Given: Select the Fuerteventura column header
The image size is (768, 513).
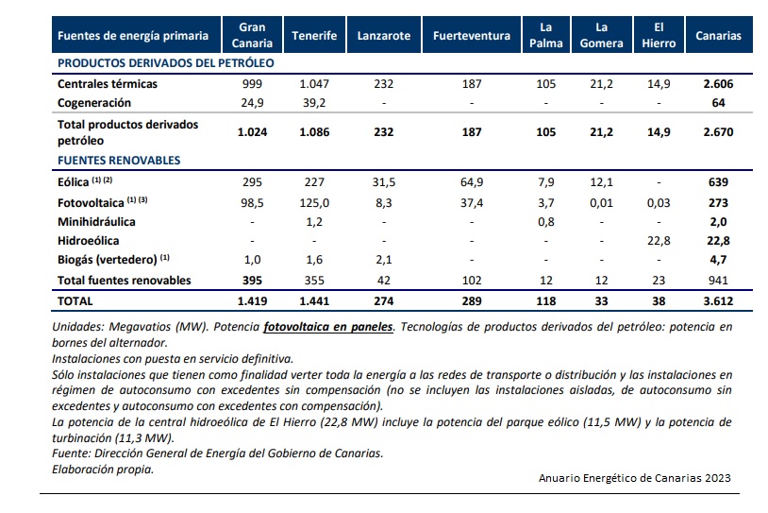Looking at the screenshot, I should pyautogui.click(x=471, y=36).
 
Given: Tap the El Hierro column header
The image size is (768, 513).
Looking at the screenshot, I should pyautogui.click(x=661, y=36).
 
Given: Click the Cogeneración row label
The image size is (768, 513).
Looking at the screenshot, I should pyautogui.click(x=93, y=102).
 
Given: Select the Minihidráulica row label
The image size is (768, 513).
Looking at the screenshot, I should pyautogui.click(x=96, y=222).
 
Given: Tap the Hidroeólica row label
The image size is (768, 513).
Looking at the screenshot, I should pyautogui.click(x=89, y=241).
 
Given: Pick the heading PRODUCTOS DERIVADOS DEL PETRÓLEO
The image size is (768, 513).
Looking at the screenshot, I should pyautogui.click(x=165, y=63).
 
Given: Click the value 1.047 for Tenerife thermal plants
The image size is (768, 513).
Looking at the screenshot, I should pyautogui.click(x=314, y=84).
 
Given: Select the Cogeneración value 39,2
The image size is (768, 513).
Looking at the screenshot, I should pyautogui.click(x=314, y=102).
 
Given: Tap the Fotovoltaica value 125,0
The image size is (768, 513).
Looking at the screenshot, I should pyautogui.click(x=314, y=203).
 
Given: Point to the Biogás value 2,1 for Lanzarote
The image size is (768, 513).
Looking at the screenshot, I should pyautogui.click(x=384, y=260).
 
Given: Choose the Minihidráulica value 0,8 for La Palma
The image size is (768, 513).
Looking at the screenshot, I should pyautogui.click(x=545, y=222).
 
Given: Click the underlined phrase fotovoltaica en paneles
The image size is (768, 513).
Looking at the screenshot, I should pyautogui.click(x=328, y=326).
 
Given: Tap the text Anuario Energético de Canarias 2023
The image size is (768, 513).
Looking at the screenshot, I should pyautogui.click(x=627, y=477).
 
